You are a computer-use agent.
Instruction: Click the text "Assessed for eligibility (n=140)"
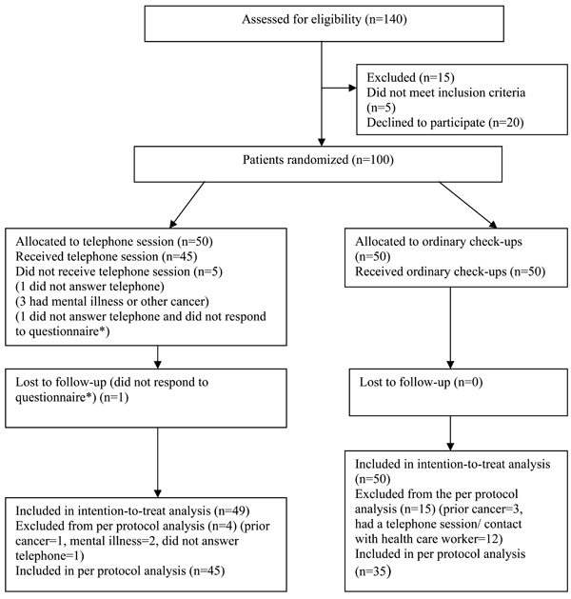(325, 19)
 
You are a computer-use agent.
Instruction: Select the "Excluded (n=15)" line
(410, 77)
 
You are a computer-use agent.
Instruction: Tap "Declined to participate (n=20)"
(445, 122)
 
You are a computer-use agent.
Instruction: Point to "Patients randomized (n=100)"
(318, 159)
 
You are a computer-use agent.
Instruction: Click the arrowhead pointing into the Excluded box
(352, 89)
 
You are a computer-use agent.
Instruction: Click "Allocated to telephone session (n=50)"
(114, 242)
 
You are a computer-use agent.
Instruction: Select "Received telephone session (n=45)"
(107, 256)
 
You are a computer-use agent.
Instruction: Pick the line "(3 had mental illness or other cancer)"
(112, 302)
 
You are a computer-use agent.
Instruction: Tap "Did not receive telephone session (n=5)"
(119, 271)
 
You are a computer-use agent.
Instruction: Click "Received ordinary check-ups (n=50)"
(450, 271)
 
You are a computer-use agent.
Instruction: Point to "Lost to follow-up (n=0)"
(421, 382)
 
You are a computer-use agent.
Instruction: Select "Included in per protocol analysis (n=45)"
(120, 570)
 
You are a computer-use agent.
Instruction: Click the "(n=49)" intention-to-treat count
(231, 510)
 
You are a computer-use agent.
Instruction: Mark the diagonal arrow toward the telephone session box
(187, 205)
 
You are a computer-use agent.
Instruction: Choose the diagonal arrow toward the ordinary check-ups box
(468, 205)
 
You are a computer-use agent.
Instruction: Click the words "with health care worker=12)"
(428, 539)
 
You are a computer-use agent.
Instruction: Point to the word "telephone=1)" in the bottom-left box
(50, 556)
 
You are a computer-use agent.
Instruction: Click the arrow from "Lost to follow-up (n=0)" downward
(450, 433)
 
